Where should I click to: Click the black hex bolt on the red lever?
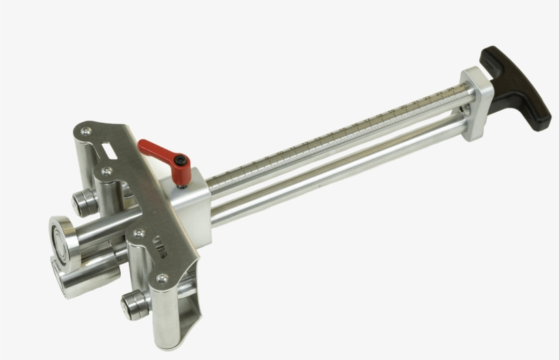click(x=179, y=162)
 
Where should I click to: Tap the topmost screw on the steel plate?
click(x=85, y=131)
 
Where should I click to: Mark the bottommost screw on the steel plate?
click(x=162, y=278)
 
